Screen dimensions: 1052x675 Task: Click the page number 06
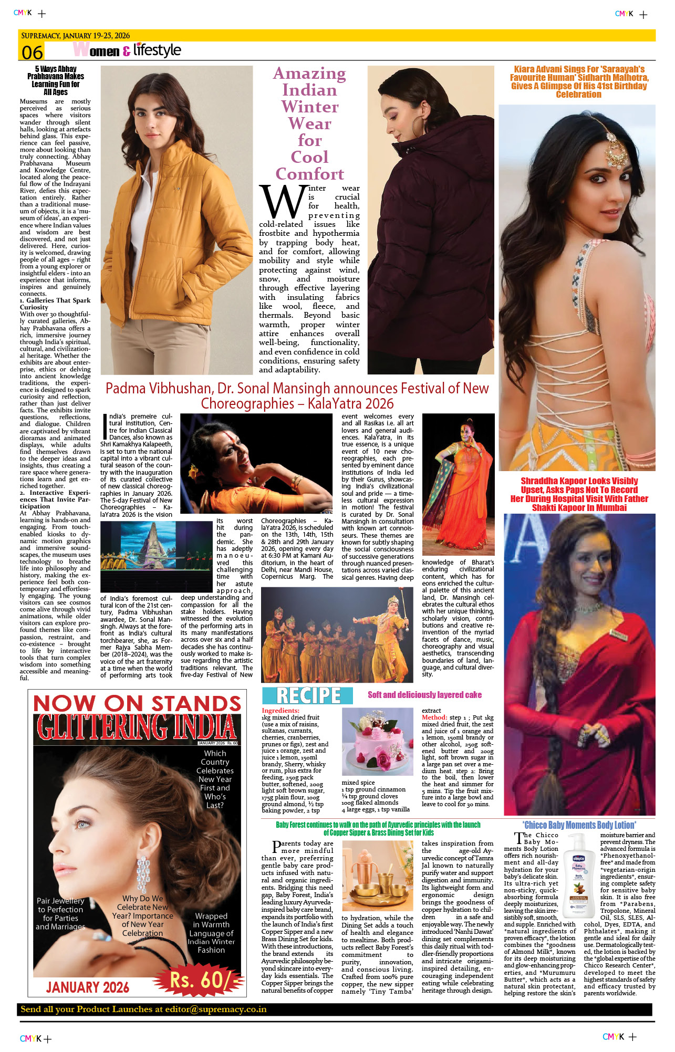(x=32, y=53)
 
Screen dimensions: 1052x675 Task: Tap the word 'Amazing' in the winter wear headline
(x=309, y=74)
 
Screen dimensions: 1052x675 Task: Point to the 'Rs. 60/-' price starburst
(x=200, y=980)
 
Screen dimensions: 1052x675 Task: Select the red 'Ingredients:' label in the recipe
(x=281, y=711)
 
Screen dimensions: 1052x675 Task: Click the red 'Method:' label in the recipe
(x=434, y=717)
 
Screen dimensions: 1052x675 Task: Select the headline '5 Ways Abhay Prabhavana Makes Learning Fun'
(x=55, y=80)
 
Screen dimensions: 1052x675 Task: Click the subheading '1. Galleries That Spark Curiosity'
(x=55, y=304)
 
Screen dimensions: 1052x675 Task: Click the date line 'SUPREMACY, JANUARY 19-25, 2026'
(x=75, y=36)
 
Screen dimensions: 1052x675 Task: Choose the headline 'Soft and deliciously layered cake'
(x=424, y=695)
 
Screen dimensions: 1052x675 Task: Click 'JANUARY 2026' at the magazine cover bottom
(x=88, y=987)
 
